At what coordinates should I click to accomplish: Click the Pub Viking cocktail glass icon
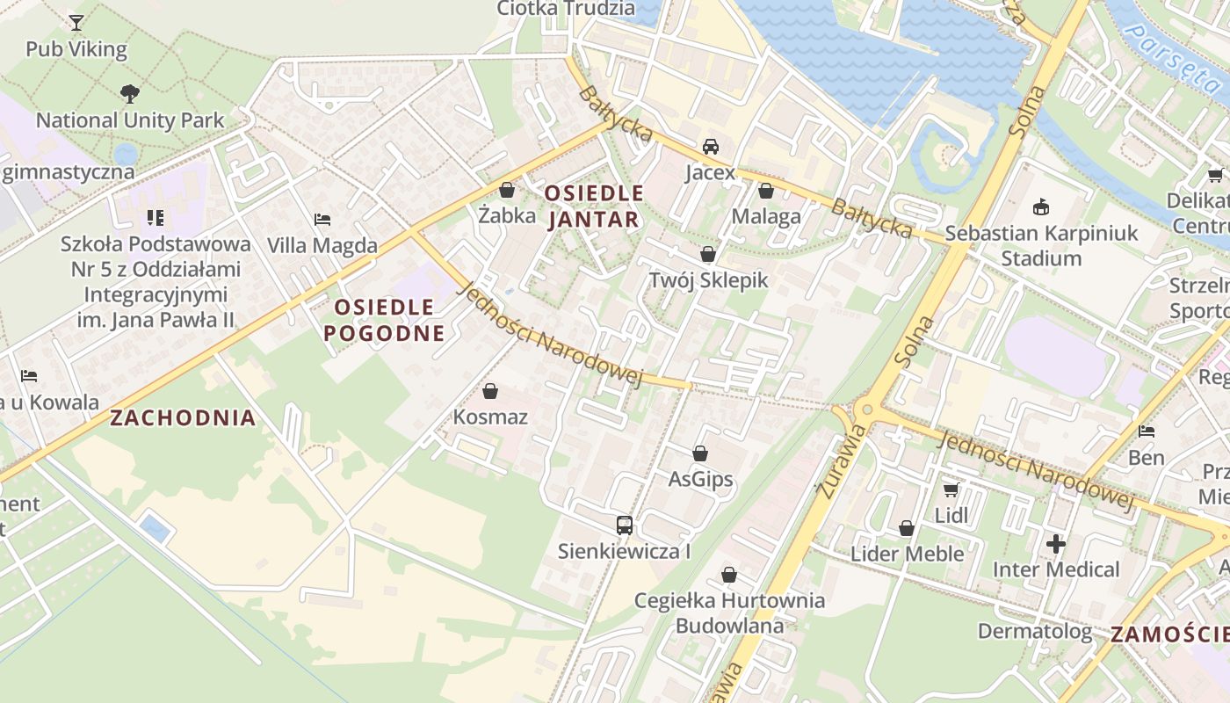76,22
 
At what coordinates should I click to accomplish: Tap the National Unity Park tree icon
130,93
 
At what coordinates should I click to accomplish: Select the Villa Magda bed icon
322,219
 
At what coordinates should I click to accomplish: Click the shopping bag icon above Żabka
507,189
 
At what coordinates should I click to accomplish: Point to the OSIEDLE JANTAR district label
594,206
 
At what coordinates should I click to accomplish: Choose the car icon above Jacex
710,146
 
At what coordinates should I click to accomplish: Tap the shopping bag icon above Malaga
766,191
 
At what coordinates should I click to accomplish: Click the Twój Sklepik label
708,280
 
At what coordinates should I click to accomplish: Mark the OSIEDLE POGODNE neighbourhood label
384,320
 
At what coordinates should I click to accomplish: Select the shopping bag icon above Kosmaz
490,391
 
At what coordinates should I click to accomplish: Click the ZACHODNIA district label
183,417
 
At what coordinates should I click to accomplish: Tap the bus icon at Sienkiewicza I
624,525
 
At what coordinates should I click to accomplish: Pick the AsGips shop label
700,480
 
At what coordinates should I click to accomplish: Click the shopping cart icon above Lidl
951,489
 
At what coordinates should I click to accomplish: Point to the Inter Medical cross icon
1056,544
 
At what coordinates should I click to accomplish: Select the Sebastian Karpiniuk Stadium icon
1041,207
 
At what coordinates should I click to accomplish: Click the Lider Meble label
907,554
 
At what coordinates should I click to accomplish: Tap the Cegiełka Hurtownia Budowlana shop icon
728,575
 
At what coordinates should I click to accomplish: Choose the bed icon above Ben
1147,431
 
